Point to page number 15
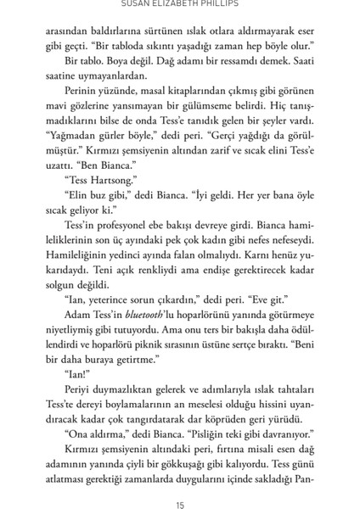click(x=180, y=482)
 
